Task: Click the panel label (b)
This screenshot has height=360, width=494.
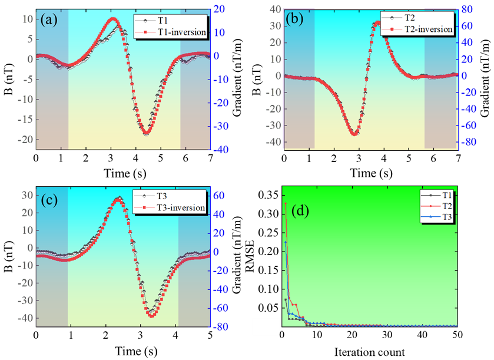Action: click(x=294, y=19)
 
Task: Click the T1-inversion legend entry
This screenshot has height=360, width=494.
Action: click(x=181, y=32)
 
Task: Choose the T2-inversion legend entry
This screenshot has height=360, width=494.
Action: click(x=427, y=29)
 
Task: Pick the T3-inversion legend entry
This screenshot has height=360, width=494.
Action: click(x=180, y=207)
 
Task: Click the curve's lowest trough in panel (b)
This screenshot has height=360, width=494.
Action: click(x=354, y=134)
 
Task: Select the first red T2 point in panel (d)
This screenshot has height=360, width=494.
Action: click(x=286, y=203)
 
